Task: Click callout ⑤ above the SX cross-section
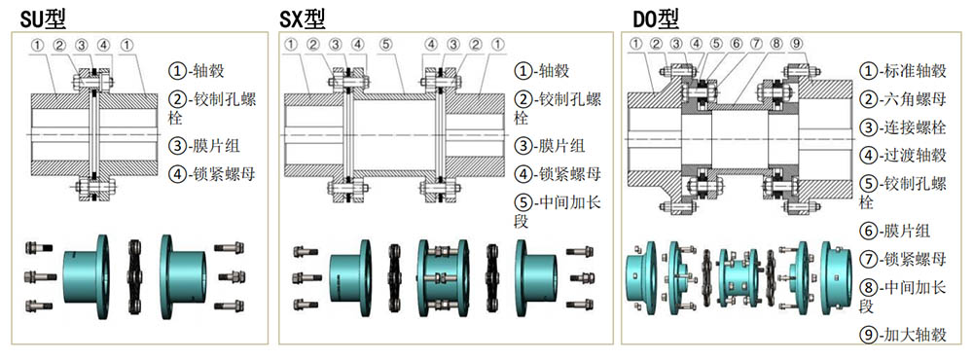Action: coord(386,44)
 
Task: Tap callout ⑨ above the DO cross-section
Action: coord(795,44)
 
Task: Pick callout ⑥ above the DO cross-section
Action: coord(737,44)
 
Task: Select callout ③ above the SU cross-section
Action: coord(82,44)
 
